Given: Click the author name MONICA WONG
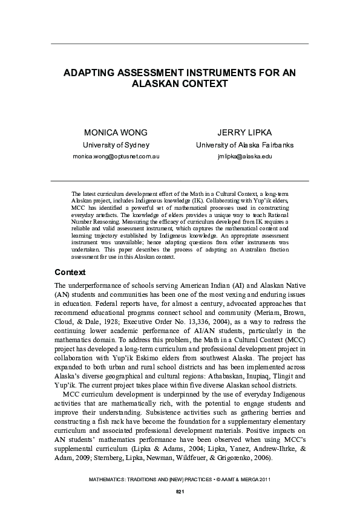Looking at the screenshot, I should click(116, 132).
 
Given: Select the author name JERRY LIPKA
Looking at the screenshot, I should click(245, 132).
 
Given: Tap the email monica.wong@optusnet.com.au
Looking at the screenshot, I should click(116, 156).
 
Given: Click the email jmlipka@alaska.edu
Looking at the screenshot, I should click(245, 156).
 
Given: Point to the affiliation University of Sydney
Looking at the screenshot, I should click(116, 145).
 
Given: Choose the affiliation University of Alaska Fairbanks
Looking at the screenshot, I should click(245, 145).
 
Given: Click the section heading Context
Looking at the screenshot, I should click(70, 272).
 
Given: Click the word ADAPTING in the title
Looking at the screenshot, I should click(94, 73).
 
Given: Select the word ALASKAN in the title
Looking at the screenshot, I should click(155, 83).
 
